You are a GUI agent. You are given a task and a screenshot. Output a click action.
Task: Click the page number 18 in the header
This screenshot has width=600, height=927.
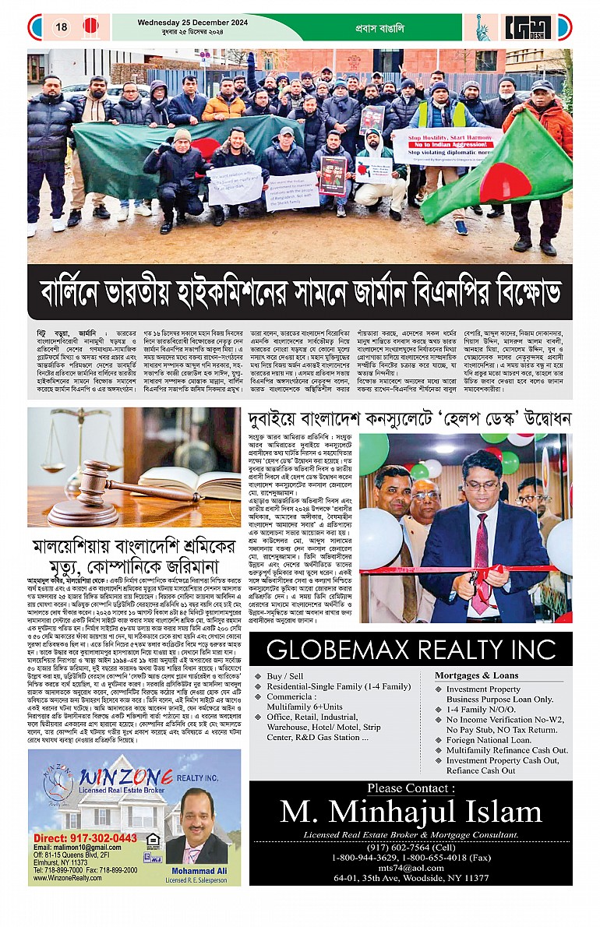(x=61, y=26)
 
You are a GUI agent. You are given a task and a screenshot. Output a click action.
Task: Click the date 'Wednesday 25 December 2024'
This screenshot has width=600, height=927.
(x=178, y=22)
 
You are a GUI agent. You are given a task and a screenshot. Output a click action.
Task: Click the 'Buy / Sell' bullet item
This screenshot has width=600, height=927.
(x=286, y=676)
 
